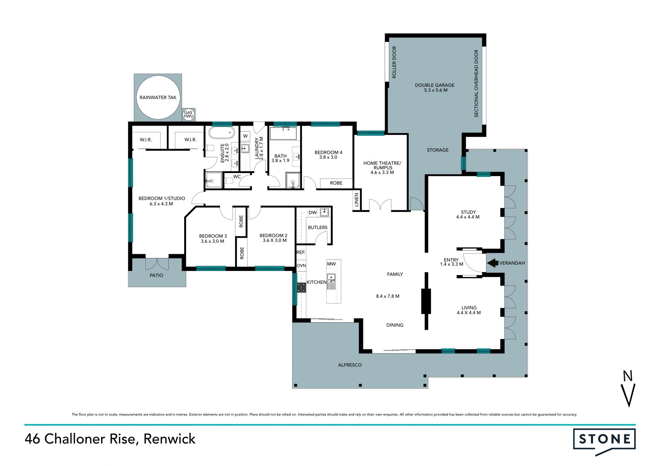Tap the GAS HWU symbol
188,114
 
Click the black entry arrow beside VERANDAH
493,263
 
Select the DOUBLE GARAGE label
434,85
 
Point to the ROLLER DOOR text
394,62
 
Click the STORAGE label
438,150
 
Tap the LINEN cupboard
357,200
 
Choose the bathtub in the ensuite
222,133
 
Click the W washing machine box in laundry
245,136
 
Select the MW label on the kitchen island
331,264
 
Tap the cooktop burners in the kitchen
301,287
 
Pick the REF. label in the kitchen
301,252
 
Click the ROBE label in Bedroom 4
336,183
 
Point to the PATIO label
156,275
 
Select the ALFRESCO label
350,365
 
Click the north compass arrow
629,394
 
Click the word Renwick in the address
169,439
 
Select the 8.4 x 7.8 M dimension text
388,296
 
